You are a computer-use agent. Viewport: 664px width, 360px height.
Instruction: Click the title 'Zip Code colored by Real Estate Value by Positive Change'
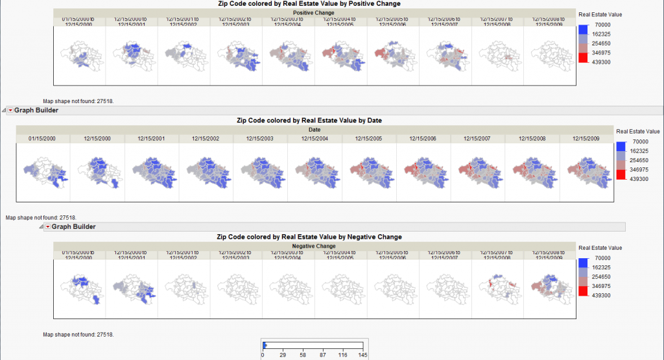point(314,4)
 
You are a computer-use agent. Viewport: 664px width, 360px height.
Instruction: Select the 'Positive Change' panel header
point(314,13)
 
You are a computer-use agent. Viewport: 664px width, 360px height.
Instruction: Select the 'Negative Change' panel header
point(314,246)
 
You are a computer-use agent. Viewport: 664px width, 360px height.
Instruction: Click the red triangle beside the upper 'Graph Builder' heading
point(10,110)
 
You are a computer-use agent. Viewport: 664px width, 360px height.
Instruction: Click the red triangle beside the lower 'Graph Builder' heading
point(47,226)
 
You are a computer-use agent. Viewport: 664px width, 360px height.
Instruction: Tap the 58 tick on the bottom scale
point(302,355)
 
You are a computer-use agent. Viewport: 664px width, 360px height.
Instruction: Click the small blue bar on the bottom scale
point(265,345)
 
